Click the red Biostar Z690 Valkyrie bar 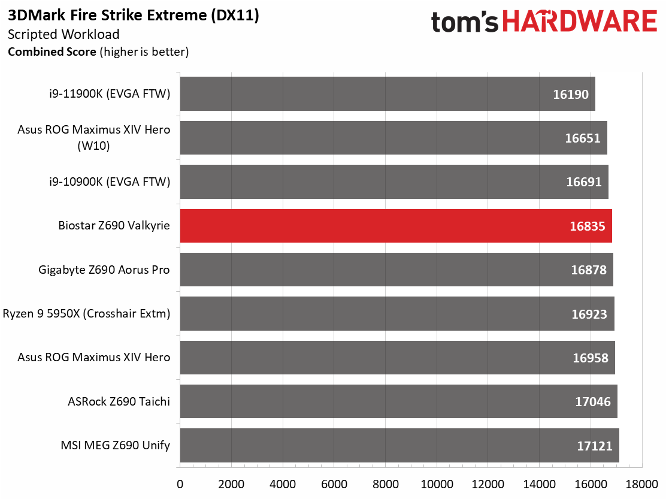coord(396,226)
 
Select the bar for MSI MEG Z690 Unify coord(399,445)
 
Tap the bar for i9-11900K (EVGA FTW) coord(388,94)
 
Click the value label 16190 coord(570,94)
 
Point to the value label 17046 coord(592,402)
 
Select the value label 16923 coord(589,314)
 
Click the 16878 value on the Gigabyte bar coord(589,270)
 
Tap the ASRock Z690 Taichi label coord(119,401)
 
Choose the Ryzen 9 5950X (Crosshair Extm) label coord(87,314)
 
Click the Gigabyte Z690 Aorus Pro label coord(104,270)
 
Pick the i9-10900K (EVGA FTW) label coord(110,182)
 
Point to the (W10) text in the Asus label coord(93,146)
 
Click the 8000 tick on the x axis coord(386,484)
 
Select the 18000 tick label coord(642,484)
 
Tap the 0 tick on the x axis coord(180,484)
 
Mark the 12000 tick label coord(488,484)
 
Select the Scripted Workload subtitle coord(63,34)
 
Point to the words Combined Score coord(52,52)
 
